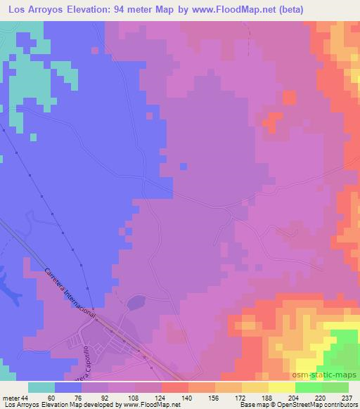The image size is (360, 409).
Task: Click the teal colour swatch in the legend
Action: coord(41,388)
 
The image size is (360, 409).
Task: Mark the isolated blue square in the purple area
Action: coord(183,167)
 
